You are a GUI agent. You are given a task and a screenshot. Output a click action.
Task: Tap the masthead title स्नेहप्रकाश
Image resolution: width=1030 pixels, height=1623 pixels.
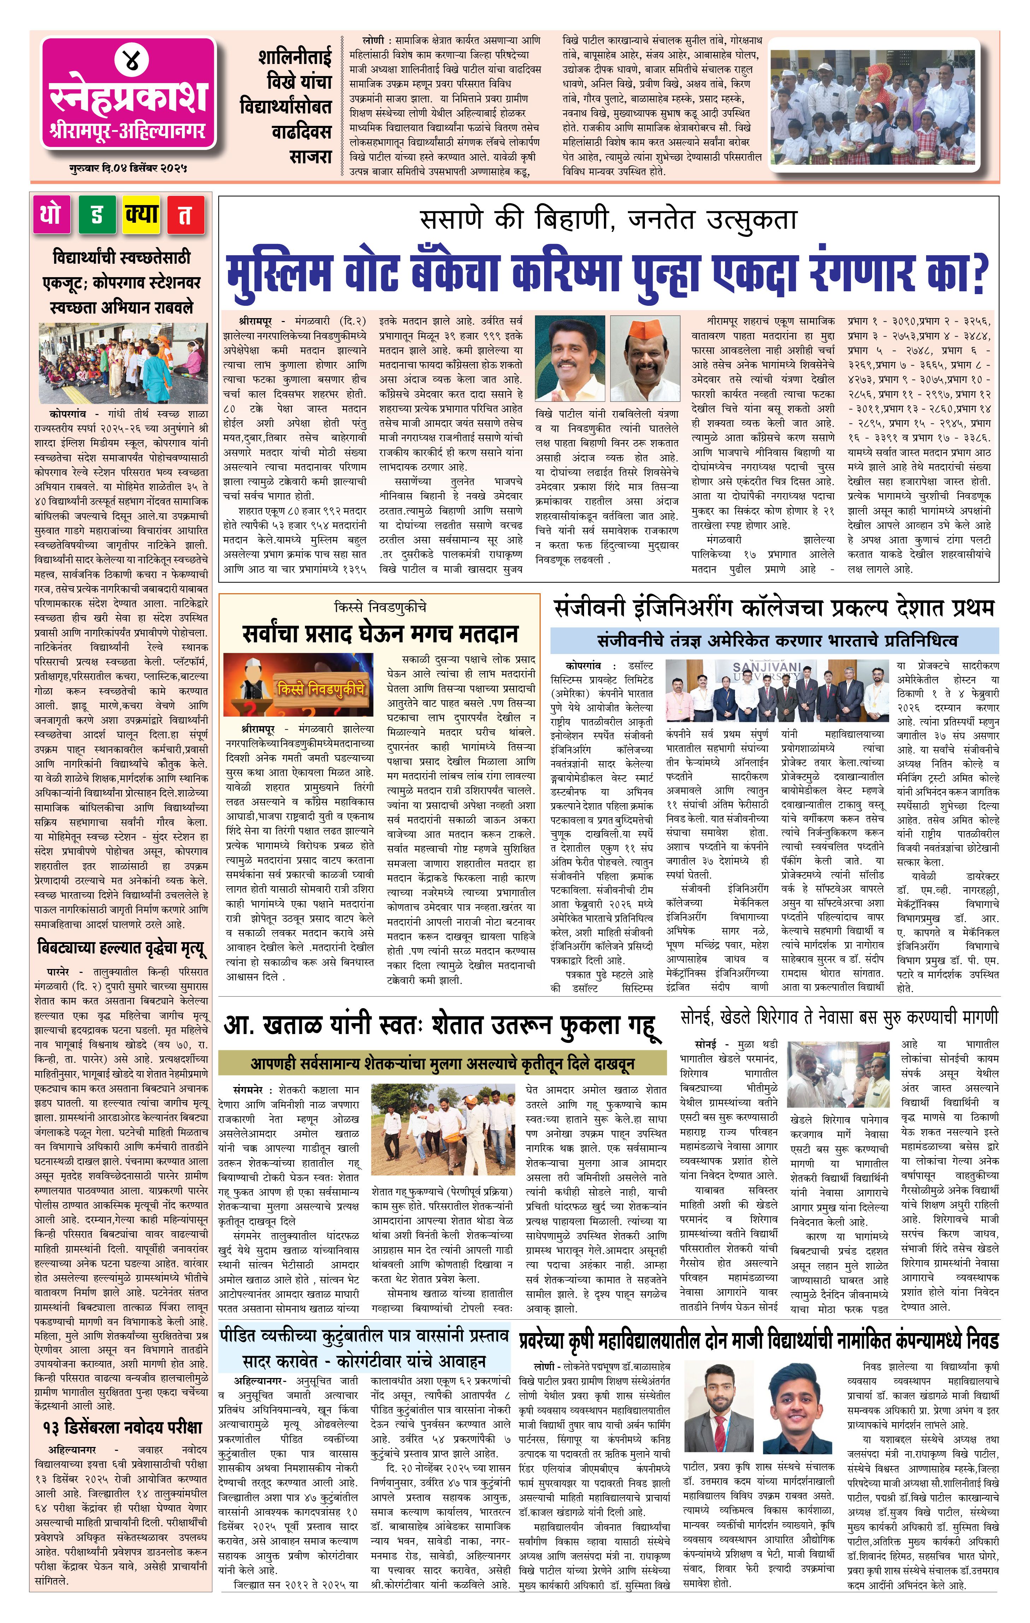[x=129, y=97]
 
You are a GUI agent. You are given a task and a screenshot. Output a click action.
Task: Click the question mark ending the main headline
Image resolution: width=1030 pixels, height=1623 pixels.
[x=976, y=273]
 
